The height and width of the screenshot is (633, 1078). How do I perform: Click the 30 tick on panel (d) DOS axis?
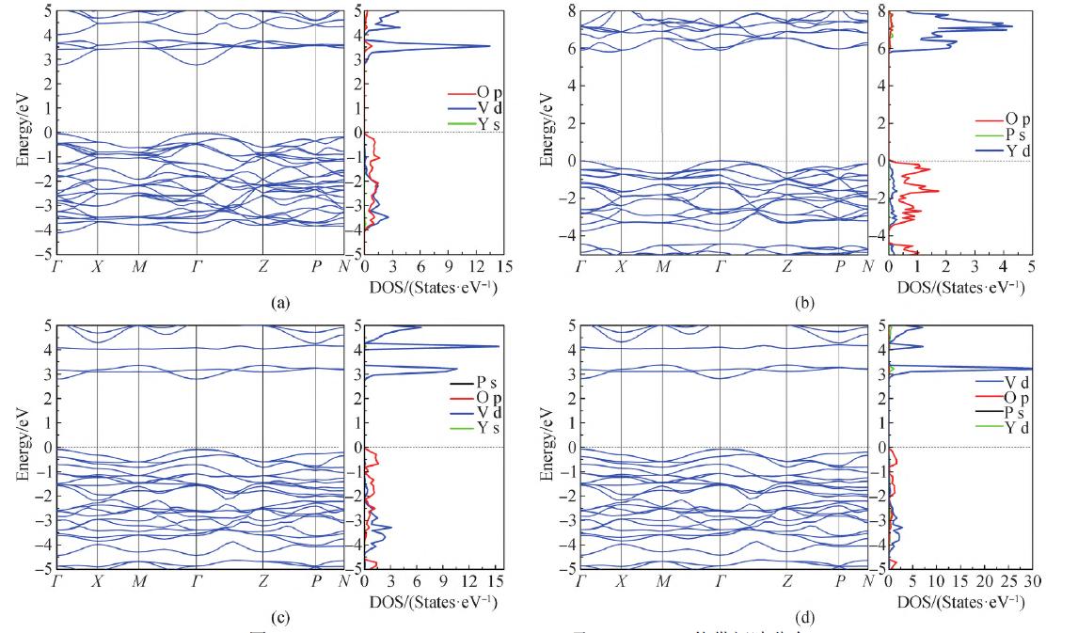(1032, 581)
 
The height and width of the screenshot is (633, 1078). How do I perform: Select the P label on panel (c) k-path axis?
(316, 581)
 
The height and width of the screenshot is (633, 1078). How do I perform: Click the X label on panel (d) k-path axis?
(621, 581)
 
